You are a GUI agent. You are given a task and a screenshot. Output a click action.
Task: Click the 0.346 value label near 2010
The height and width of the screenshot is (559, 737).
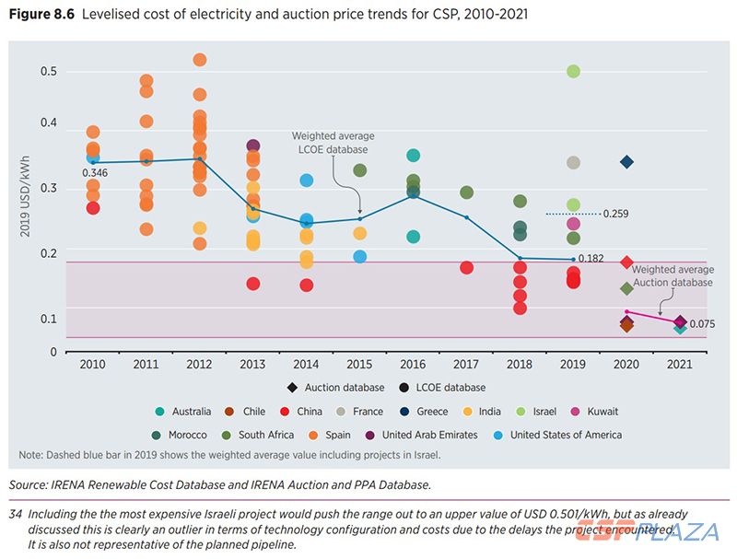click(95, 173)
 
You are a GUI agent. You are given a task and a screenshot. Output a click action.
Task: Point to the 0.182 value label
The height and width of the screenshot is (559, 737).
click(591, 259)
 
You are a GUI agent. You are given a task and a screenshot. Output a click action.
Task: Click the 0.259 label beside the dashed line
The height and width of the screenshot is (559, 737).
click(616, 214)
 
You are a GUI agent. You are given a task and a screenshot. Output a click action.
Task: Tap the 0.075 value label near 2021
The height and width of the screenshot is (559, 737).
click(702, 324)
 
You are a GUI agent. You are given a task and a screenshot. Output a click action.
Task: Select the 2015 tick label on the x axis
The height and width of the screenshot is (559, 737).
click(359, 365)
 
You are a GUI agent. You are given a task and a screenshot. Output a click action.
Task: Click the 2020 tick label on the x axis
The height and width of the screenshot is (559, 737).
click(626, 365)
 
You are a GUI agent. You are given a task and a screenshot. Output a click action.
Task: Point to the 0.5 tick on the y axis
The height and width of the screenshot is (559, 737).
click(48, 72)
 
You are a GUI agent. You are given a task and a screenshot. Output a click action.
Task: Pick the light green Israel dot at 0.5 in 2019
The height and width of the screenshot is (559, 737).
click(573, 72)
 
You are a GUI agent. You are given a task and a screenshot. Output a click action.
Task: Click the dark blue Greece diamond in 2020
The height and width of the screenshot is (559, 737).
click(626, 162)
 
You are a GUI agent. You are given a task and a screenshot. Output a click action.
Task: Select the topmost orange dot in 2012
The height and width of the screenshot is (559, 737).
click(200, 60)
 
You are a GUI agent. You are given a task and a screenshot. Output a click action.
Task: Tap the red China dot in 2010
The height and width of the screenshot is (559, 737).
click(93, 208)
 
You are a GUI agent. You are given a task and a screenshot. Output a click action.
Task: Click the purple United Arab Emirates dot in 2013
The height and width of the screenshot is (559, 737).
click(253, 146)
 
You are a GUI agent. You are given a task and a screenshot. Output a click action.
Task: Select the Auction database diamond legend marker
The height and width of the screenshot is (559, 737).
click(292, 388)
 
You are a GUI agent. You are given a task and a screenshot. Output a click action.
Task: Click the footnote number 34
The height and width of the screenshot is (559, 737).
click(16, 514)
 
